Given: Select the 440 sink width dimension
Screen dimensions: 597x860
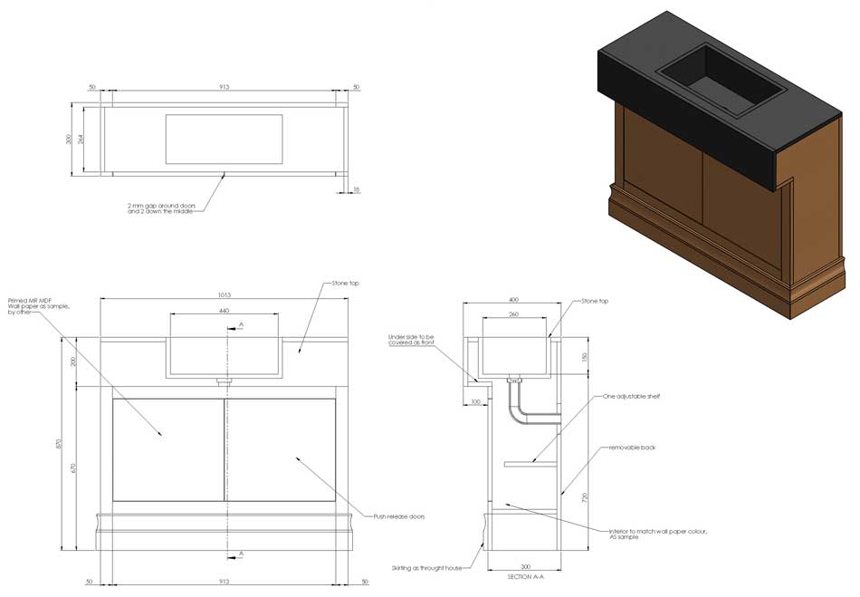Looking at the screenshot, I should [x=224, y=311].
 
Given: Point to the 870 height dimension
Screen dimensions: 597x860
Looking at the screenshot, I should [x=60, y=444].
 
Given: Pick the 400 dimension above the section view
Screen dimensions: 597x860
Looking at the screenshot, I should [x=513, y=300].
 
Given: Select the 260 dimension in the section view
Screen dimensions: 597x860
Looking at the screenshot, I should [x=513, y=314].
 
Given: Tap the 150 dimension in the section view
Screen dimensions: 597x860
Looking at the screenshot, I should [x=584, y=356].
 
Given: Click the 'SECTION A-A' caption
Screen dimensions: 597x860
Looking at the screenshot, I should [x=525, y=577].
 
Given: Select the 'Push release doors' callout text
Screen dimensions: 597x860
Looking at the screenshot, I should [x=399, y=516].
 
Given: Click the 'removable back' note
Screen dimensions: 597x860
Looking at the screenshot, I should [x=630, y=448].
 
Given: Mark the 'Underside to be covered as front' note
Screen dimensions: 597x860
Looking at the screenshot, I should [x=411, y=339].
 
